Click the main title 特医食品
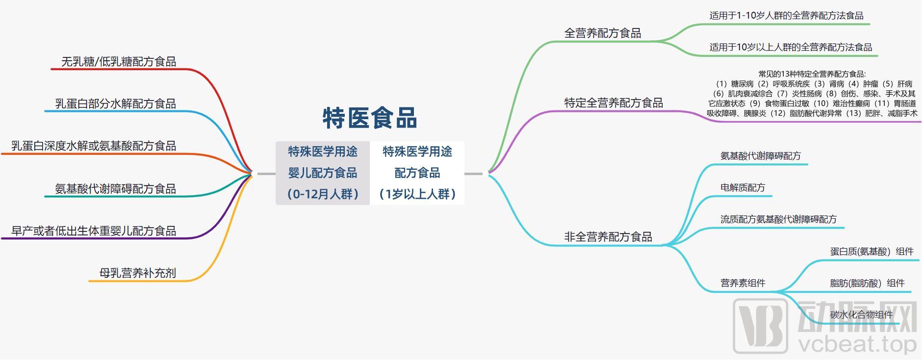tap(370, 118)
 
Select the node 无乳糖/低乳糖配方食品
tap(118, 62)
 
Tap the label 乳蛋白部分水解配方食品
tap(115, 104)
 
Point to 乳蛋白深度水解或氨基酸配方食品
tap(93, 146)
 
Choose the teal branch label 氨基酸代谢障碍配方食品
tap(115, 189)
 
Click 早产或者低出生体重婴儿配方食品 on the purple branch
tap(93, 231)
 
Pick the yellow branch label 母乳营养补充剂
tap(137, 273)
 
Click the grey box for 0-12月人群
tap(323, 173)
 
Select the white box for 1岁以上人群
tap(417, 173)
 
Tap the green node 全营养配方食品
tap(602, 33)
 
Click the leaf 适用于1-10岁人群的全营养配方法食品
tap(786, 16)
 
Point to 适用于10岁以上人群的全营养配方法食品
tap(791, 48)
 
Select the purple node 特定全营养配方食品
tap(613, 103)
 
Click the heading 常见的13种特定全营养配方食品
tap(812, 74)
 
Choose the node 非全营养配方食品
tap(608, 237)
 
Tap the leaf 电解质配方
tap(743, 188)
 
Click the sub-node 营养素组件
tap(743, 283)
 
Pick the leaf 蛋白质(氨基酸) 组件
tap(871, 252)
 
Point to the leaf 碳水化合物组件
tap(861, 315)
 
